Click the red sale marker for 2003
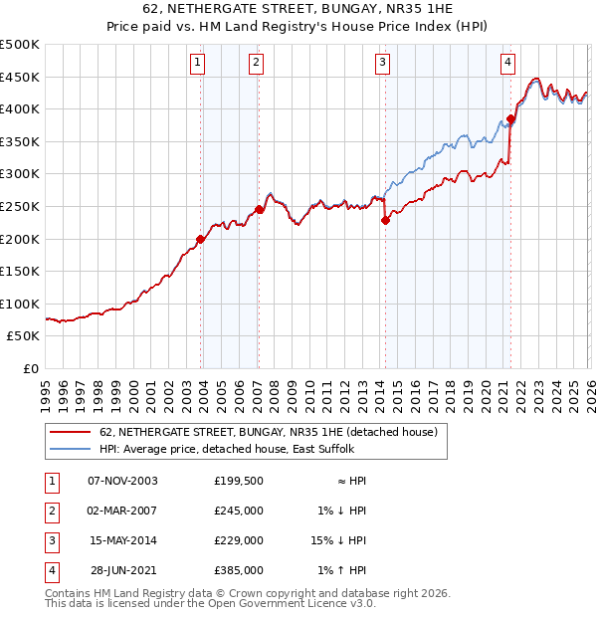pos(201,239)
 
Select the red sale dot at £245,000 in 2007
pos(259,209)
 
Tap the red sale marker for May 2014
pos(385,221)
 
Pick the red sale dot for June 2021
pos(510,119)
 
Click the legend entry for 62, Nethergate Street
pos(269,432)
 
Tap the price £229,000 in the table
pos(239,540)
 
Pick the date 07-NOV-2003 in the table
pos(123,481)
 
